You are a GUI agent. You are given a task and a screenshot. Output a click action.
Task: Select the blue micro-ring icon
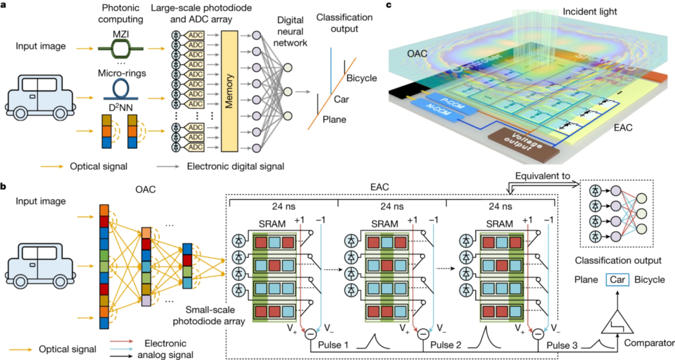point(119,88)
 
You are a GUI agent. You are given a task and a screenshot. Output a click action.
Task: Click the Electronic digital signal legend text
point(237,167)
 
